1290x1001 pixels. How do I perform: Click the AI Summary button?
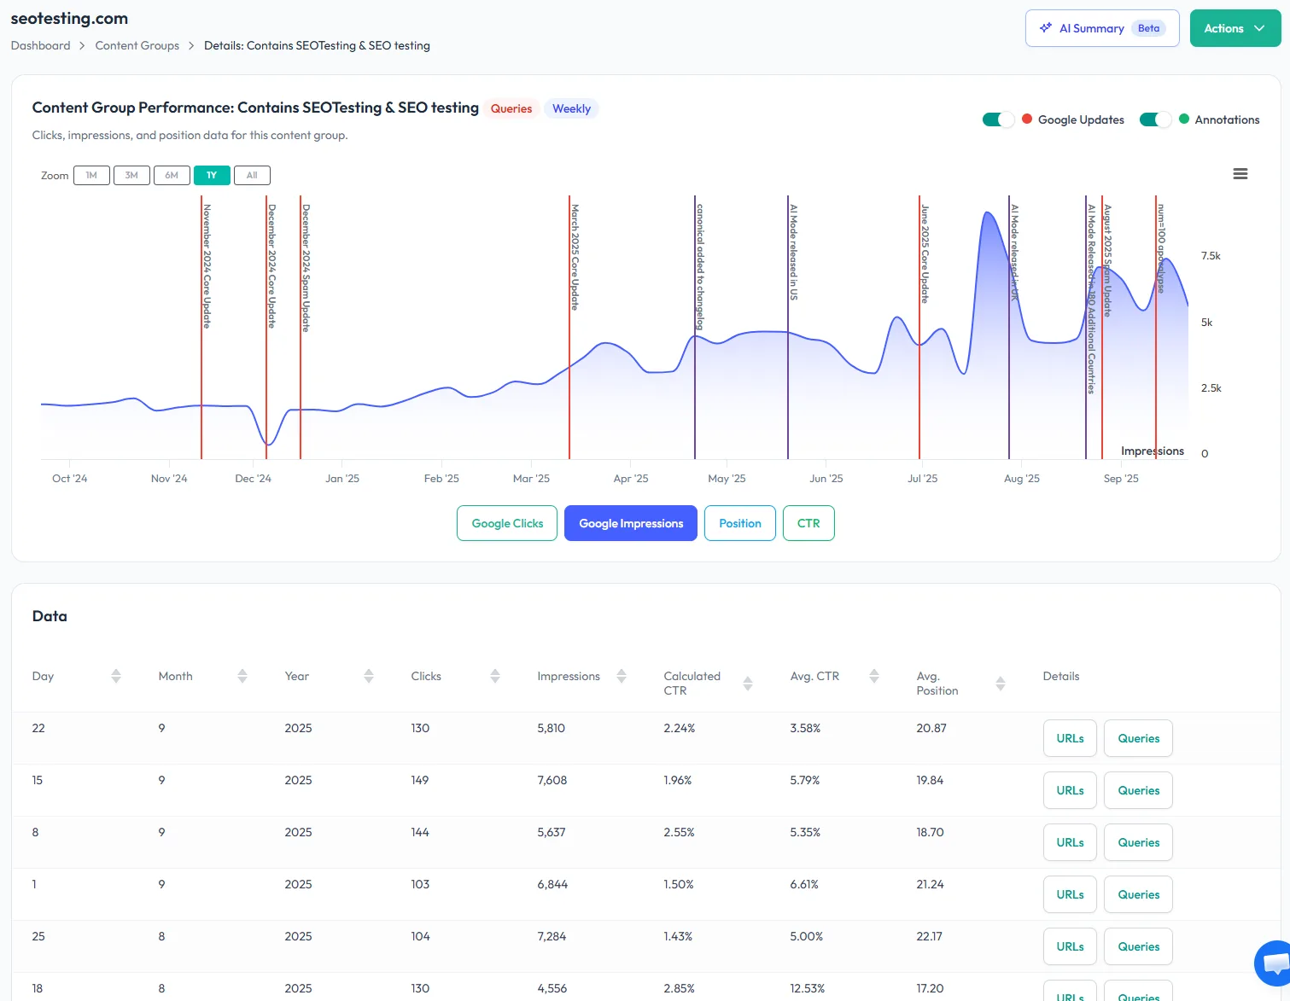click(x=1101, y=28)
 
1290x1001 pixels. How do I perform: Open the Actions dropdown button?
click(x=1235, y=28)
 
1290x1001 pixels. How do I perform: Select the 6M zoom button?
click(x=172, y=175)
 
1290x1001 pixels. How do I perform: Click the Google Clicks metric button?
click(x=507, y=523)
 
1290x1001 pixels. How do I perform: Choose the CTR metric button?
click(x=808, y=523)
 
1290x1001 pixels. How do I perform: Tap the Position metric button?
click(x=739, y=523)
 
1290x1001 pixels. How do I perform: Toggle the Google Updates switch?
click(x=998, y=119)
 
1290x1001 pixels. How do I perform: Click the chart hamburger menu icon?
click(x=1240, y=174)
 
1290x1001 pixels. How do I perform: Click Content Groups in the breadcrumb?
click(x=137, y=45)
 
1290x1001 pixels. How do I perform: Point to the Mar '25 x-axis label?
click(x=531, y=479)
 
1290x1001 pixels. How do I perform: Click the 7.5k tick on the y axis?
click(x=1211, y=256)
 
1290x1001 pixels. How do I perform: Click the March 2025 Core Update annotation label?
click(x=575, y=256)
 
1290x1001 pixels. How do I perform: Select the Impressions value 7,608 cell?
click(x=552, y=780)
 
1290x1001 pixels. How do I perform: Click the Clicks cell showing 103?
click(x=420, y=884)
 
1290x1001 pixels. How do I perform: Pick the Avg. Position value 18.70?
click(x=930, y=832)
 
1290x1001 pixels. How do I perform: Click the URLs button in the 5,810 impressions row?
click(x=1070, y=738)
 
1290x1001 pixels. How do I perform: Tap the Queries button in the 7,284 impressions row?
click(x=1138, y=946)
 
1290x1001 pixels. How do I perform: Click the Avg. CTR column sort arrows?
click(x=874, y=676)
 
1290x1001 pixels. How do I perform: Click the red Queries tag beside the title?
click(x=511, y=108)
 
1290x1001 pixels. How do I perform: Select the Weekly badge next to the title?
click(x=571, y=108)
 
